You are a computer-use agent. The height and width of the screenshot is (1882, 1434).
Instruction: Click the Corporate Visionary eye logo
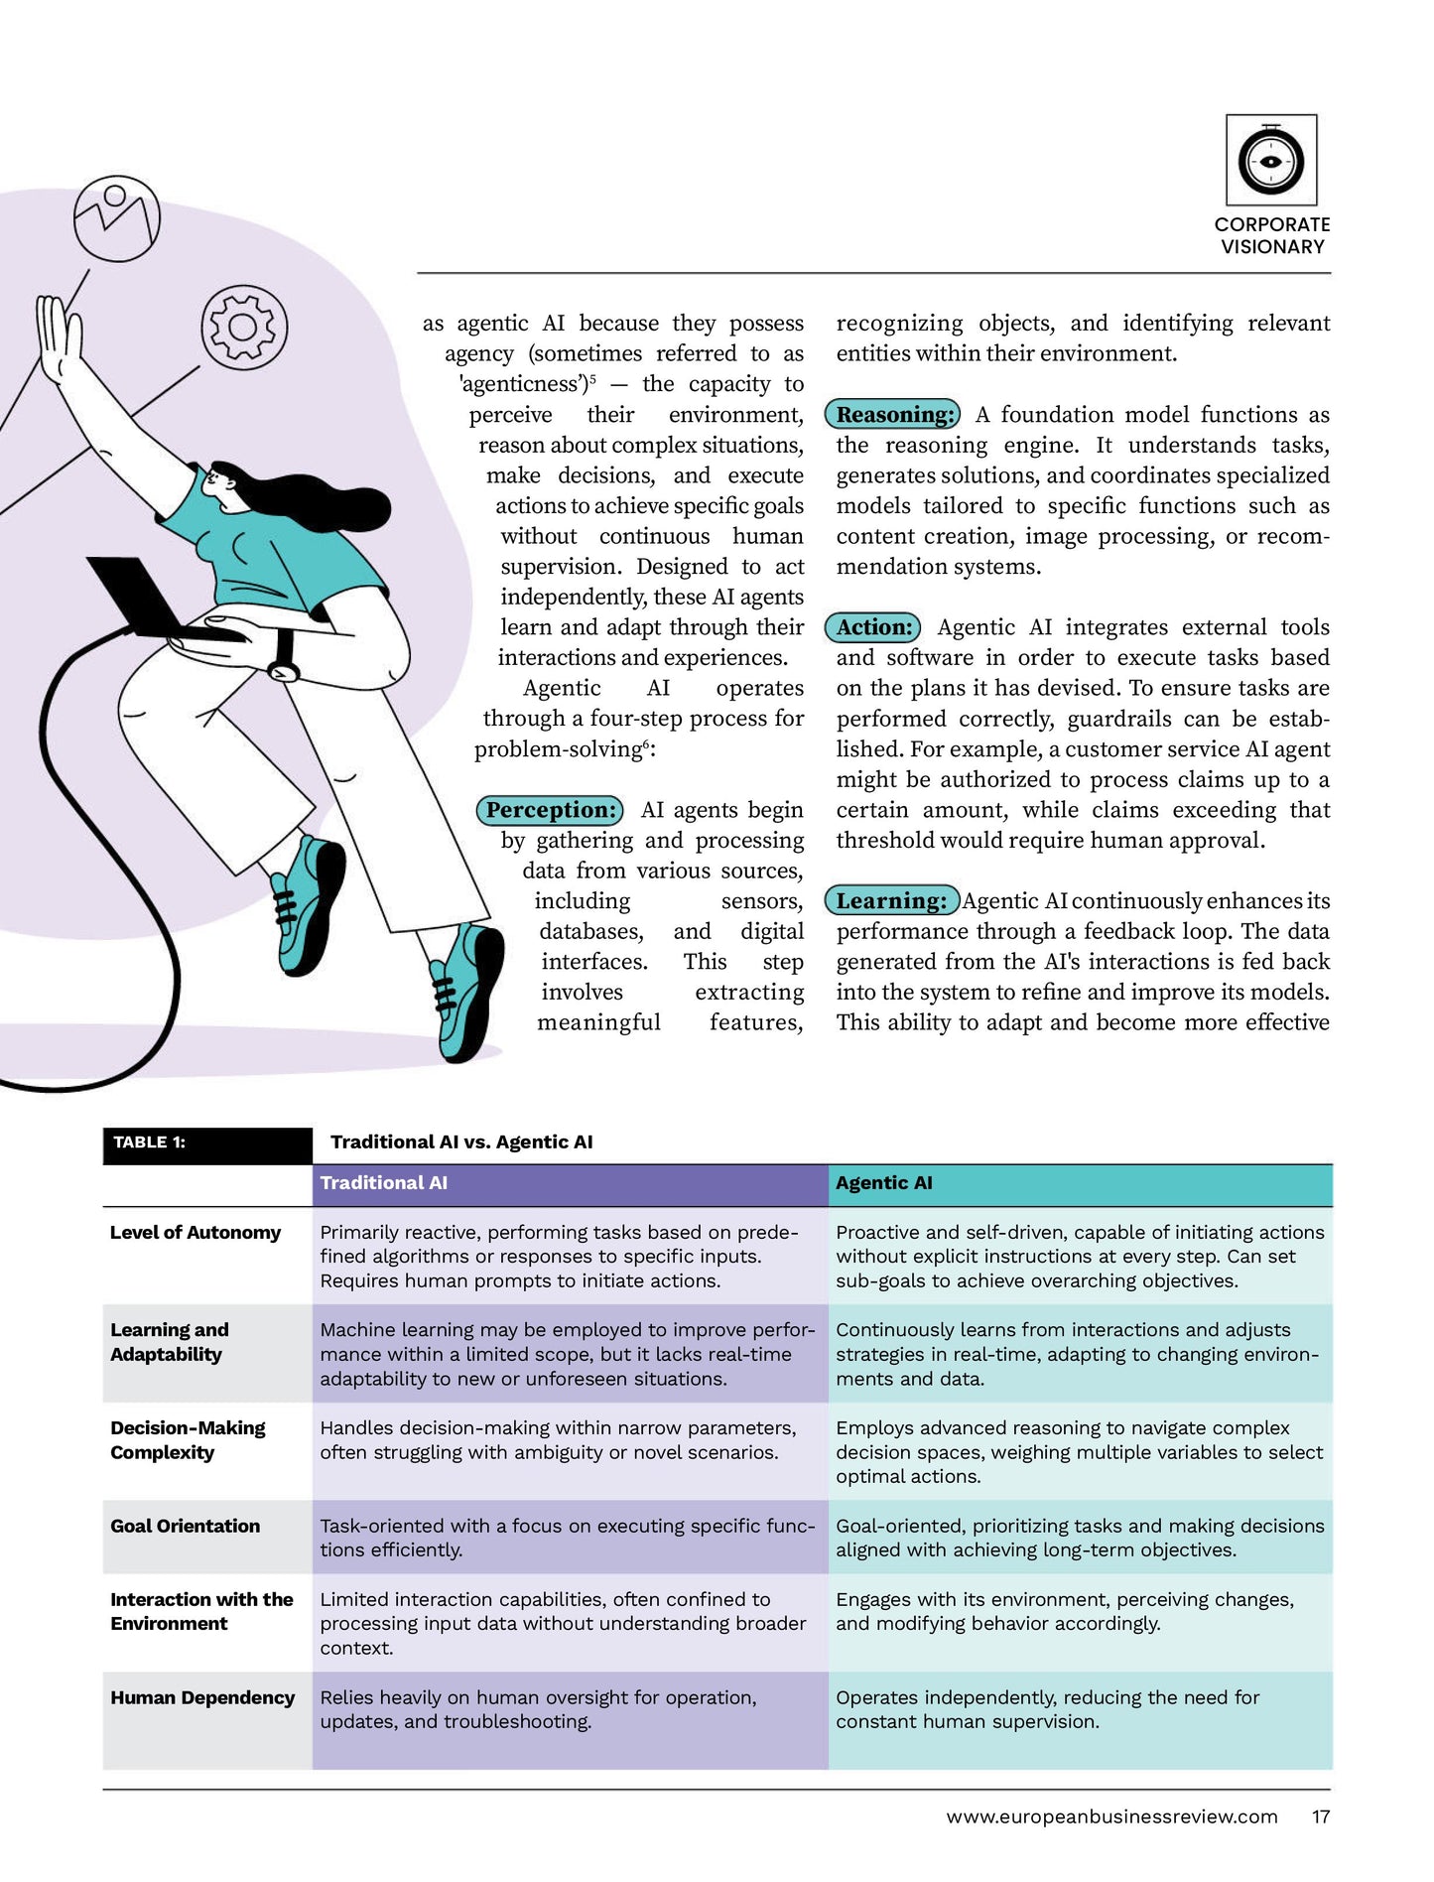[x=1270, y=160]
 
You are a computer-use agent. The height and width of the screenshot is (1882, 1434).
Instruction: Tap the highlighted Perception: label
[x=551, y=810]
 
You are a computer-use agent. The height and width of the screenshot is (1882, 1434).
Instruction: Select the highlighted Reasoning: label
[x=893, y=414]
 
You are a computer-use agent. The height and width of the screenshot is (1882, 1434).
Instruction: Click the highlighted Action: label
[x=873, y=627]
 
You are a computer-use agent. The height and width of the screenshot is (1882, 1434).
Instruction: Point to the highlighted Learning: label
[x=891, y=900]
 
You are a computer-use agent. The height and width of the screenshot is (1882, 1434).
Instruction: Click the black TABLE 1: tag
[x=206, y=1143]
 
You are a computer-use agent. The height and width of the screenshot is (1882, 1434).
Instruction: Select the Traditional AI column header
[x=383, y=1183]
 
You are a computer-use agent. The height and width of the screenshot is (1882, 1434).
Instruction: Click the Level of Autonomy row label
[x=196, y=1233]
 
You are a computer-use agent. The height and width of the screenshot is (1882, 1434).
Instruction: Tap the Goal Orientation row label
[x=186, y=1526]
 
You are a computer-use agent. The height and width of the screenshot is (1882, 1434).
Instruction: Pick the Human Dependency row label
[x=202, y=1697]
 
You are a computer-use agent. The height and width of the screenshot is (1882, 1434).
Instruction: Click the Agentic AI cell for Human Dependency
[x=1047, y=1709]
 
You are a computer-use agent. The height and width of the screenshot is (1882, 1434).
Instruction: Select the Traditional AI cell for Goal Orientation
[x=567, y=1538]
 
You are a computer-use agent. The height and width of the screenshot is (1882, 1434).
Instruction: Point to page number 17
[x=1320, y=1816]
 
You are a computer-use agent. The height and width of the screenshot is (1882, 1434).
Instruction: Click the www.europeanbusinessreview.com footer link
[x=1111, y=1816]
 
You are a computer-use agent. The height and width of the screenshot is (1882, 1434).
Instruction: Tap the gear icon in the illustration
[x=244, y=328]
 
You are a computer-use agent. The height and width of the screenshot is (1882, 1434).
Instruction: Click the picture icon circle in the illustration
[x=117, y=218]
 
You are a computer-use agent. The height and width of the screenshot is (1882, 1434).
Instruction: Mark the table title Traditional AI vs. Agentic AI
[x=461, y=1143]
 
